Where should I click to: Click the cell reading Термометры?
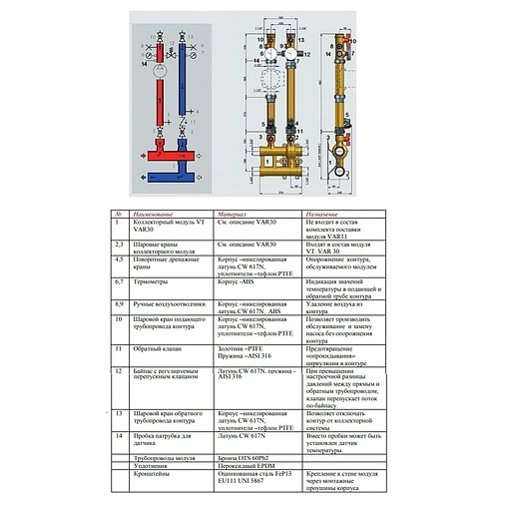pos(152,283)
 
